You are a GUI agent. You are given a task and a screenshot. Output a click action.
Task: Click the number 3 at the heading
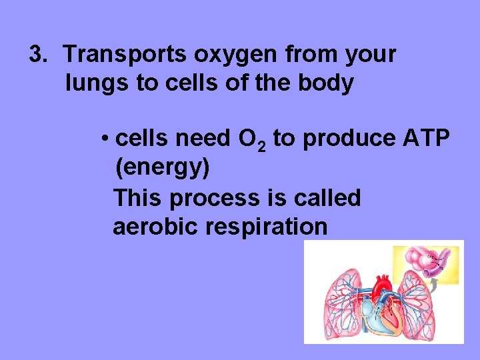36,55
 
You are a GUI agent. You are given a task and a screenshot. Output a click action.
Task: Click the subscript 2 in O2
261,145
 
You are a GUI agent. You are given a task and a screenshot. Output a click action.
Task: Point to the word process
215,198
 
